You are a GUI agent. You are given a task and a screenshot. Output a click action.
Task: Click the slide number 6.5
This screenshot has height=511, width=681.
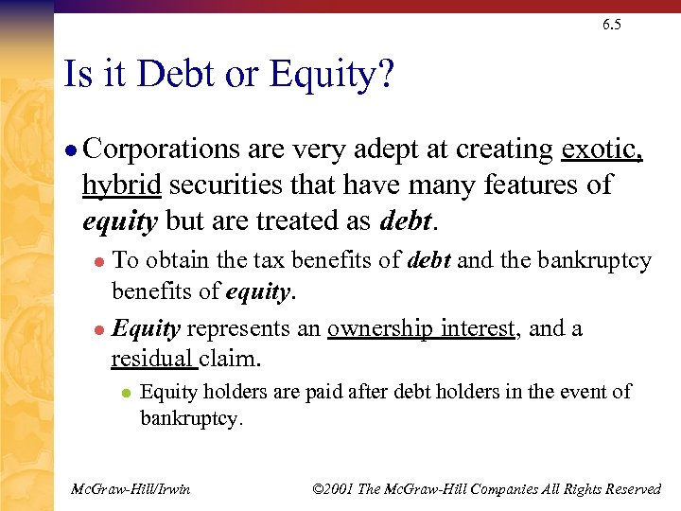pos(611,25)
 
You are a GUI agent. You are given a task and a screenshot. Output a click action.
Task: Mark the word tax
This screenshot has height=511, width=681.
pos(268,261)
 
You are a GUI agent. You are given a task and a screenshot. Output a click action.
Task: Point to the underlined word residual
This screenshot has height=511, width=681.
pos(150,360)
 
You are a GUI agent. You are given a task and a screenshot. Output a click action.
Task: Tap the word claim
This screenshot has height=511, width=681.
pos(227,360)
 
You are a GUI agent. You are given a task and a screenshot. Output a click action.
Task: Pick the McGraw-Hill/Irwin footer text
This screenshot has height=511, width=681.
pos(131,488)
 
